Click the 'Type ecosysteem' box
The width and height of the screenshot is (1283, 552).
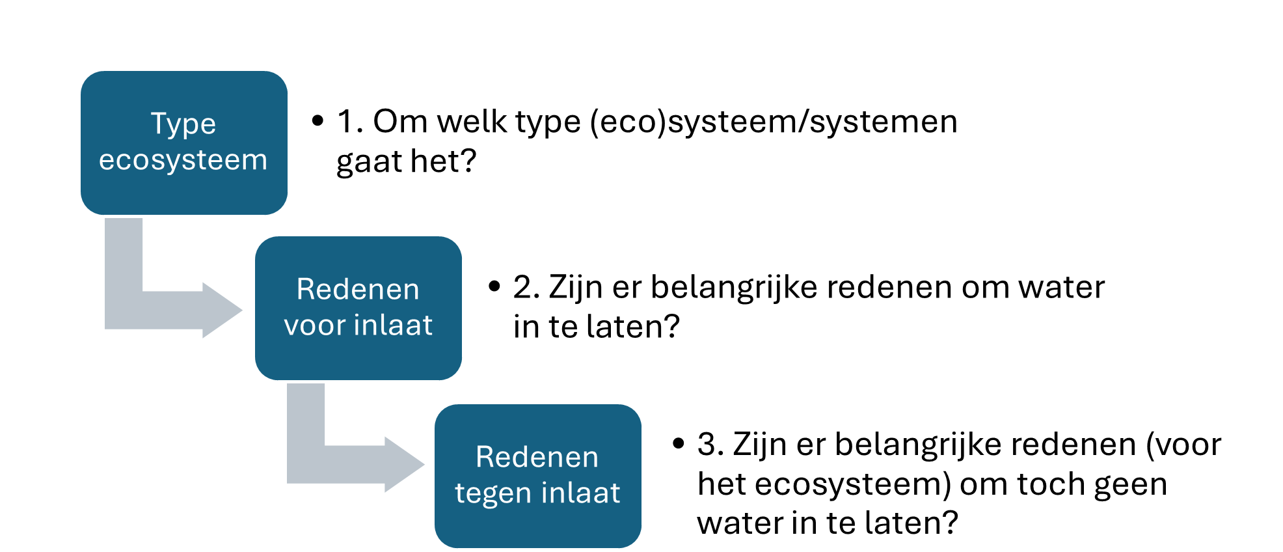click(184, 143)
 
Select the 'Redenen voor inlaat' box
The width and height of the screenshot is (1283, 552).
click(358, 308)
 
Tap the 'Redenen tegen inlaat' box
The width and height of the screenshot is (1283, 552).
click(538, 476)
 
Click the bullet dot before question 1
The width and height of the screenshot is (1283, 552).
click(317, 120)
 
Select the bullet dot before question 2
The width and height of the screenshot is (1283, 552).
click(494, 286)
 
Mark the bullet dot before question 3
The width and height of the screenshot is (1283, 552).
click(679, 444)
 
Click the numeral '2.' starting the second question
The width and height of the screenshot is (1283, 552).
click(526, 288)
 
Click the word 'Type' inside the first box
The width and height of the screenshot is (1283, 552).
click(183, 124)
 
